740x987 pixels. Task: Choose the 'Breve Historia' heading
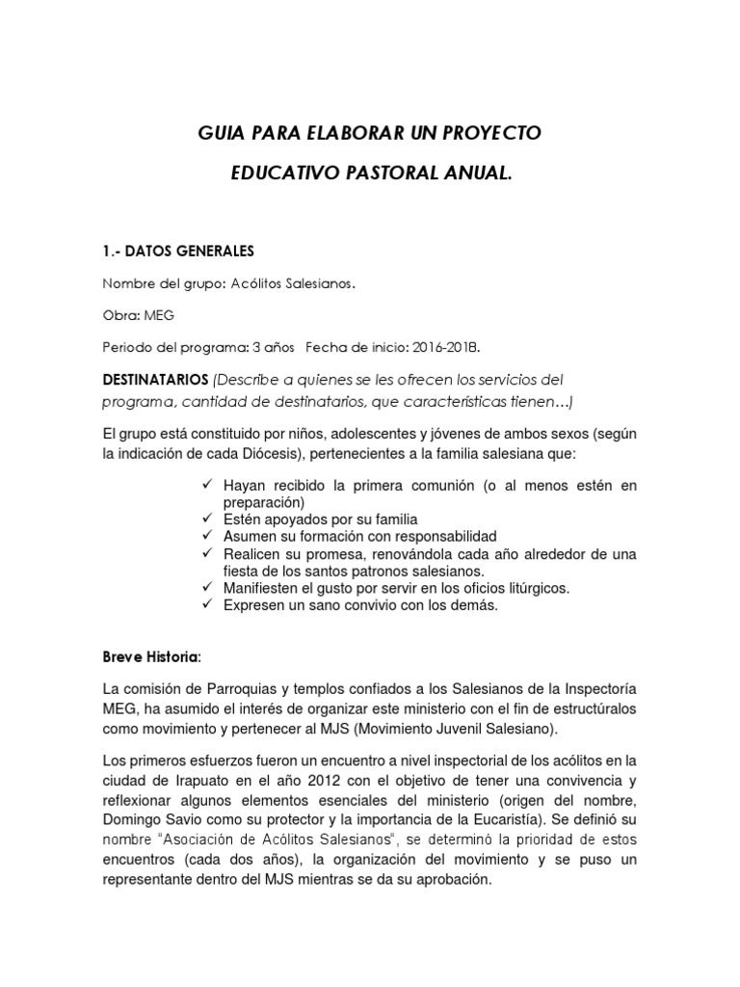point(151,656)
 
